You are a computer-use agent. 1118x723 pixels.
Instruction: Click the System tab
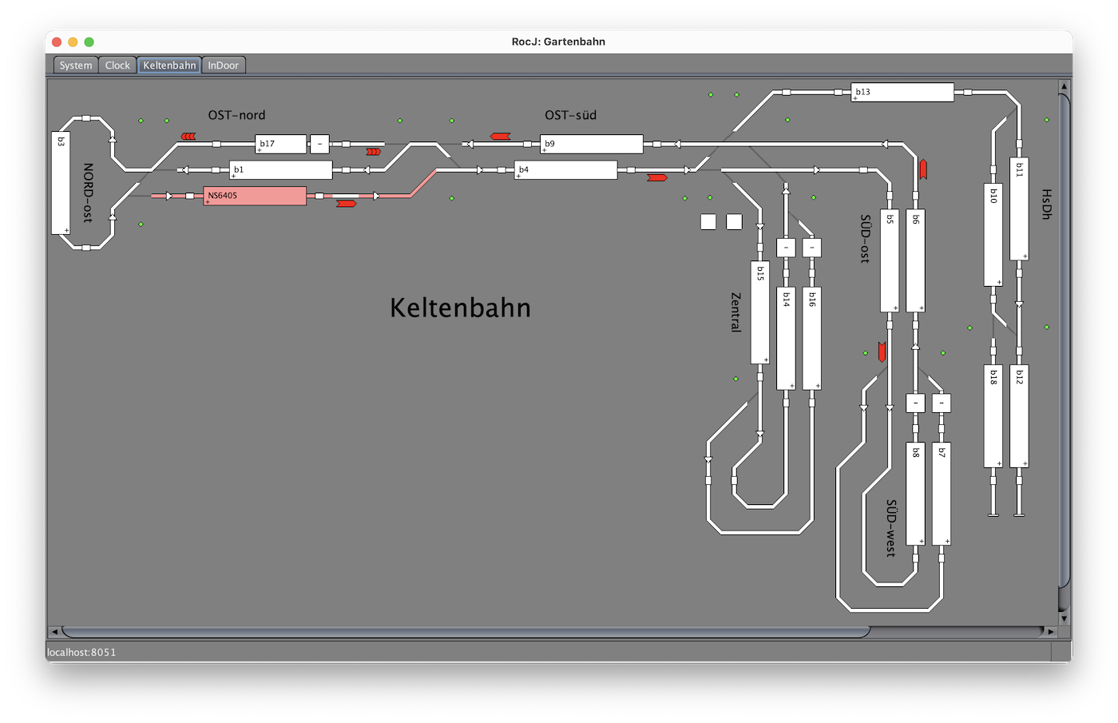[76, 66]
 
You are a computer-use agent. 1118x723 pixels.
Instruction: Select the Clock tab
[117, 66]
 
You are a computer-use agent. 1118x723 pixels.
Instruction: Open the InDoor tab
[224, 66]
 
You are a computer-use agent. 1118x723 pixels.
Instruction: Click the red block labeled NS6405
[255, 196]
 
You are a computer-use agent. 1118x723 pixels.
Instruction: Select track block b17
[280, 144]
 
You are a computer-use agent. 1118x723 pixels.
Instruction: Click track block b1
[280, 170]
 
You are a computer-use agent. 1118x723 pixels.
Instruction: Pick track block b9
[591, 144]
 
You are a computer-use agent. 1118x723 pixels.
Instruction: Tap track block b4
[565, 170]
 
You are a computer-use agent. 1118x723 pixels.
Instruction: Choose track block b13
[902, 93]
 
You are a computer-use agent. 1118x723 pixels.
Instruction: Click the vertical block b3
[61, 183]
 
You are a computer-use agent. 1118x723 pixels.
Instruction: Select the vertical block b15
[759, 312]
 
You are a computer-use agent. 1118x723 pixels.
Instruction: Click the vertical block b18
[993, 416]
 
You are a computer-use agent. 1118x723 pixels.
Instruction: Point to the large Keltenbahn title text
[460, 308]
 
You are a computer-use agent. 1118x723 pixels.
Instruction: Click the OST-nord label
[236, 115]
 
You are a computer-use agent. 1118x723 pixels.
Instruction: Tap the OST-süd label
[570, 115]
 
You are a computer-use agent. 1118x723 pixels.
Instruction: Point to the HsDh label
[1046, 204]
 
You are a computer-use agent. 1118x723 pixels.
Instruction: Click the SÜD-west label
[891, 528]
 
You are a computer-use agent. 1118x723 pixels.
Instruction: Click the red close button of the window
[57, 42]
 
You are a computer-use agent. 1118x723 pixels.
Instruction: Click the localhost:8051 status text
[81, 653]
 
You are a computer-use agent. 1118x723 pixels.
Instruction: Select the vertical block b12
[1019, 416]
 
